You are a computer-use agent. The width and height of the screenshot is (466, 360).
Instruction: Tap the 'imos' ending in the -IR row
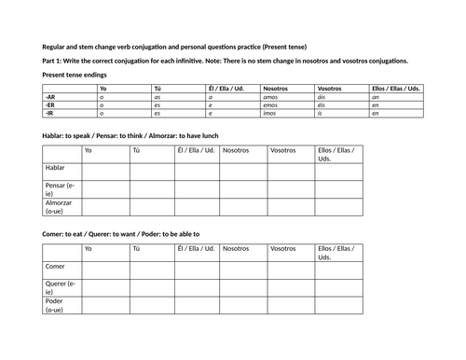coord(269,112)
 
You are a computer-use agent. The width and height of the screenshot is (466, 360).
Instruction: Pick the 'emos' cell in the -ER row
coord(270,104)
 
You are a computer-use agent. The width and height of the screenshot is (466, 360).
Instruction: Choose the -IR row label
coord(48,112)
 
